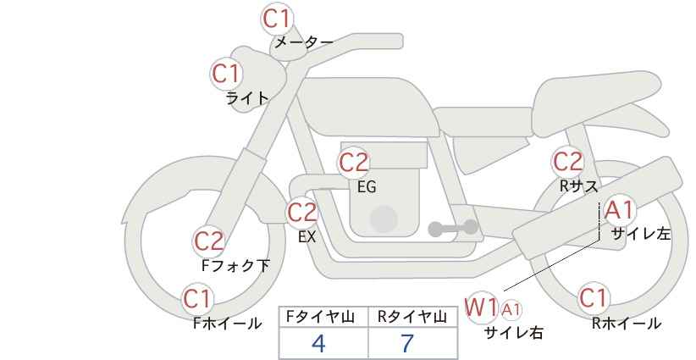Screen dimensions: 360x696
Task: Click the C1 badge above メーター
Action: [277, 18]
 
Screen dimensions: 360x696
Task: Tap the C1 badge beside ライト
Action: [226, 74]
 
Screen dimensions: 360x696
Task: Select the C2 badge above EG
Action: [354, 162]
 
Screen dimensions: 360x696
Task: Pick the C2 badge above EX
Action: [302, 212]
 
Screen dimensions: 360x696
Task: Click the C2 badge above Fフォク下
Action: [209, 241]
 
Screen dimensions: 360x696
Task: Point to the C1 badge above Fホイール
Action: [198, 298]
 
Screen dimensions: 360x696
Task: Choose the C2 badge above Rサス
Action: [567, 161]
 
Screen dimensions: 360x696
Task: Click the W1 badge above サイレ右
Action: [481, 307]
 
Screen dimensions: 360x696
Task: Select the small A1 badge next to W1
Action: [511, 309]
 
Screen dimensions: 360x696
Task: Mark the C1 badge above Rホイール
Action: [593, 298]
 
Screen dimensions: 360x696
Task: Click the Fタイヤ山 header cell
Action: [323, 317]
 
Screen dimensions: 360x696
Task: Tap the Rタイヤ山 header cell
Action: [412, 317]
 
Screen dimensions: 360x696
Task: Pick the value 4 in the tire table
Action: [319, 344]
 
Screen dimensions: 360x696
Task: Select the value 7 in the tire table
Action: [407, 344]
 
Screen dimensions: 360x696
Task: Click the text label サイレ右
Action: [513, 333]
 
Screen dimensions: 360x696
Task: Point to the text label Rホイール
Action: [626, 324]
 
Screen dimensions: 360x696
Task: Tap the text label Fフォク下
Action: [235, 266]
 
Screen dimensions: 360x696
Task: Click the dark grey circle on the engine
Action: [384, 219]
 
